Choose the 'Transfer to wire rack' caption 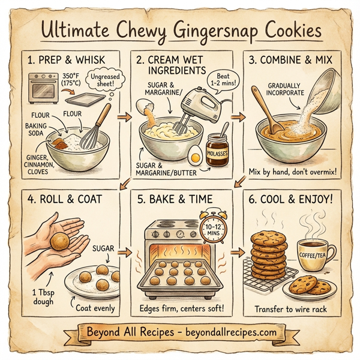tap(298, 309)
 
